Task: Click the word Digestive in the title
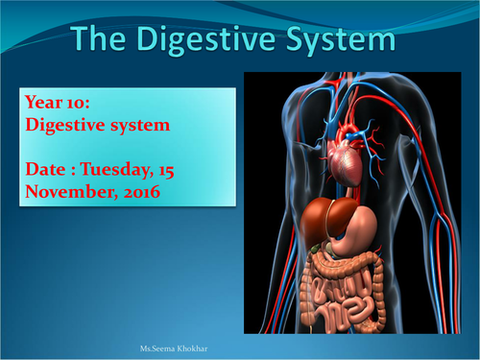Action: pos(215,40)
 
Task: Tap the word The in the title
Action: pos(108,40)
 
